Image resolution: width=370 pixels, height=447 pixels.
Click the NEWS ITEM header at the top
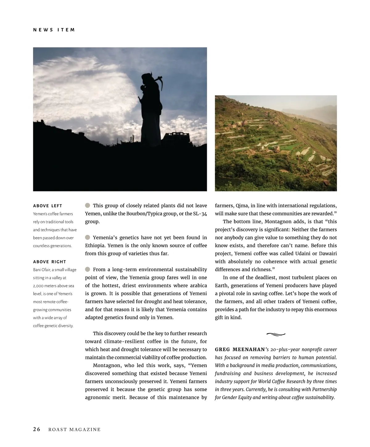click(x=54, y=30)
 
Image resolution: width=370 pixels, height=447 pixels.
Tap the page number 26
click(x=37, y=429)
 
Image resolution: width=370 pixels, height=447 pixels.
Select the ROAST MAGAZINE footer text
click(x=75, y=430)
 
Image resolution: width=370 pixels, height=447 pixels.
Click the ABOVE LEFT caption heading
click(x=47, y=206)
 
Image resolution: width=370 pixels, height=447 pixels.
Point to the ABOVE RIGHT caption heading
click(x=50, y=262)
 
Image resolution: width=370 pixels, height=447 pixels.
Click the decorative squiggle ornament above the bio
click(x=276, y=334)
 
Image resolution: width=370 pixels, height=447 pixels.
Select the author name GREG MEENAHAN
click(x=240, y=350)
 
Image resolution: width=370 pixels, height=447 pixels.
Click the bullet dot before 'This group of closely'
click(x=88, y=205)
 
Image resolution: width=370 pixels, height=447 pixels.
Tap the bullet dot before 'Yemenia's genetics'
click(x=88, y=237)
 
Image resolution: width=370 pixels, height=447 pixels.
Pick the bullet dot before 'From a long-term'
click(x=88, y=269)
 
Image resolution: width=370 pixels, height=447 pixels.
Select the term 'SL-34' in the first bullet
click(x=200, y=214)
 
